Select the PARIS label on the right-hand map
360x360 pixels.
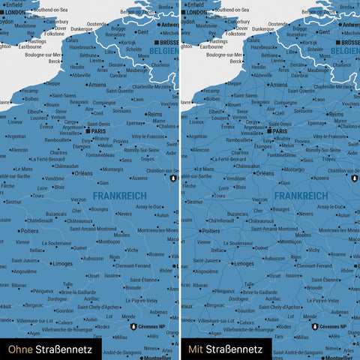280,130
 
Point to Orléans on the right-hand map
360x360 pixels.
264,172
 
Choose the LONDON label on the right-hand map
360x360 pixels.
196,12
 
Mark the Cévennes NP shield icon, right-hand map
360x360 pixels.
314,326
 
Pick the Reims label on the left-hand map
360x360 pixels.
155,114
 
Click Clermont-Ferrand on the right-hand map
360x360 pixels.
315,265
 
